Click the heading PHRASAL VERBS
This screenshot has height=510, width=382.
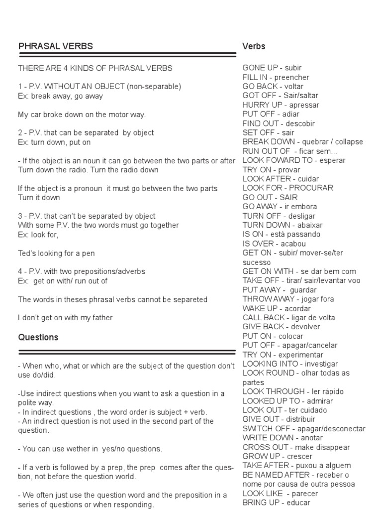55,47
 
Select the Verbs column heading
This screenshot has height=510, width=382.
254,46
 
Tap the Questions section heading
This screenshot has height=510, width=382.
38,337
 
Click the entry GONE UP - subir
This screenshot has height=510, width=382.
272,68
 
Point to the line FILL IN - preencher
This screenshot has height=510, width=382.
276,77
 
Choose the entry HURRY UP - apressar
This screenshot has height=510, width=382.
281,105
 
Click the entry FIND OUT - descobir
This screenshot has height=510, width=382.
279,124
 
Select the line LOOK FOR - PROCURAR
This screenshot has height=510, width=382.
287,188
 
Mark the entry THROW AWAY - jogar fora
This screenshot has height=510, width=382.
288,299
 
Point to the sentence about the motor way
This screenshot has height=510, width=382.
82,115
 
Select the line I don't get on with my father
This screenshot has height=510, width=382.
65,318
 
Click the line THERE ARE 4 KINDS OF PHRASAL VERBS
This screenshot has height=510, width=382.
95,68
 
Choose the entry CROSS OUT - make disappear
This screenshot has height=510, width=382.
296,447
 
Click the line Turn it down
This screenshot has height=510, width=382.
39,198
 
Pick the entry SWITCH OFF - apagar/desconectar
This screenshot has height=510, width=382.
303,429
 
